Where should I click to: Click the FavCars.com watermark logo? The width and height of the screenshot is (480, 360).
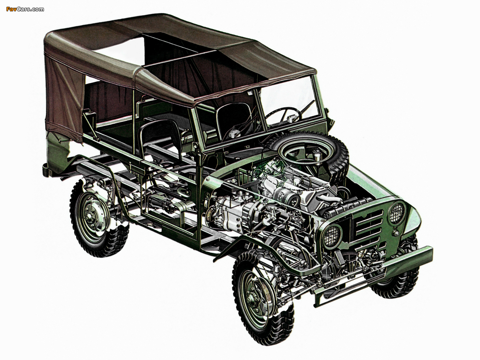coord(25,9)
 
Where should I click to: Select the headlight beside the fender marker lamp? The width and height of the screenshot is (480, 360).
coord(397,213)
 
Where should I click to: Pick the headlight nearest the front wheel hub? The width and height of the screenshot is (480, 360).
coord(332,236)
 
